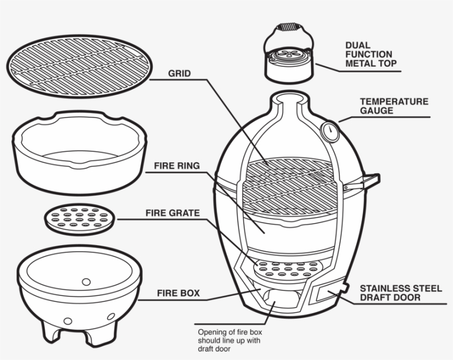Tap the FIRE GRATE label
coord(172,213)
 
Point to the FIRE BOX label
coord(178,293)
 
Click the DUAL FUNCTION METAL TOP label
coord(370,54)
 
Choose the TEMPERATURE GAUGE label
coord(393,106)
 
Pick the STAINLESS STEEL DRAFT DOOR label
coord(401,293)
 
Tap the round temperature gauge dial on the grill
coord(330,131)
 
